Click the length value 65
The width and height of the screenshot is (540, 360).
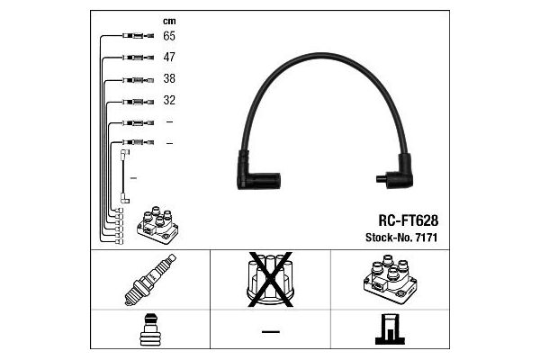169,36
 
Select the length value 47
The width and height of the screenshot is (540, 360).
169,57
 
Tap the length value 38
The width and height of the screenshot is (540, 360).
169,78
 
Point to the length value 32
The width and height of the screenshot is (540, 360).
169,100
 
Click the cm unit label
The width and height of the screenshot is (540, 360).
169,22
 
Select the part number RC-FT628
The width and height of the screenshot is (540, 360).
409,220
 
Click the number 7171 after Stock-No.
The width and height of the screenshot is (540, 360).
427,238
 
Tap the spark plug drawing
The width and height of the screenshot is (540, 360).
150,280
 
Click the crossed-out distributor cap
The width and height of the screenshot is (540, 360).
270,279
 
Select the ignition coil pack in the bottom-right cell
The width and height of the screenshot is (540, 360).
391,279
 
